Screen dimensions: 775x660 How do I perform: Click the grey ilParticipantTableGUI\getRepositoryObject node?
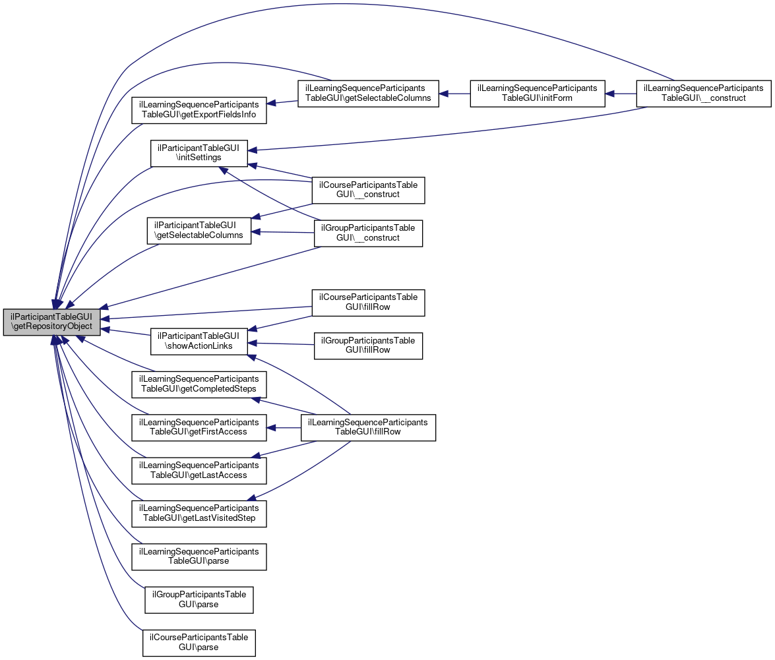click(52, 322)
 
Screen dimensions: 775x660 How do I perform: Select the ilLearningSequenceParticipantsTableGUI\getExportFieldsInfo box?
click(199, 110)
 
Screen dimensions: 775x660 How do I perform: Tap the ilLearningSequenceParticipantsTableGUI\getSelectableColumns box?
click(368, 94)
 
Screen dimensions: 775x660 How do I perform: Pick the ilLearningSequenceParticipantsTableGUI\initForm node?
click(538, 94)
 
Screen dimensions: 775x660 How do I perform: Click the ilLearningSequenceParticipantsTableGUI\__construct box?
click(704, 94)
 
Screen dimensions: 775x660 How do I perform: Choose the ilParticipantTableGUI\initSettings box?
click(199, 153)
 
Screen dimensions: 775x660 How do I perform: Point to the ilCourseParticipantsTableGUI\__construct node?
click(368, 190)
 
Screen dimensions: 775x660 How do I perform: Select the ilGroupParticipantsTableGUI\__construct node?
click(368, 233)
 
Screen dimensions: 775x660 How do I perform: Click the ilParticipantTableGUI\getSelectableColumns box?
click(199, 230)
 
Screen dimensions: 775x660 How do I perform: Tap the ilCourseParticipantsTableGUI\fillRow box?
click(368, 303)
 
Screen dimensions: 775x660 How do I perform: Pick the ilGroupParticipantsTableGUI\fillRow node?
click(368, 345)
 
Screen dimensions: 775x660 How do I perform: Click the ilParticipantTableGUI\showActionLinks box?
click(199, 342)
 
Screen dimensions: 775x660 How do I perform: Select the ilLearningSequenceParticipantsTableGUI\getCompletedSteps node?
click(199, 384)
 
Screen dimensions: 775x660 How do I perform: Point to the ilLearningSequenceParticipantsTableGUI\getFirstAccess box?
click(199, 427)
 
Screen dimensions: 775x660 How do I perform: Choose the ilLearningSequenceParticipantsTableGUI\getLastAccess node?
click(199, 471)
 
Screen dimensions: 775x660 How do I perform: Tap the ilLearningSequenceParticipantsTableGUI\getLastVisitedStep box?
click(199, 514)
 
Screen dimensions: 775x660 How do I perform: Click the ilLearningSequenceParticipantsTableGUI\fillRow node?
click(368, 427)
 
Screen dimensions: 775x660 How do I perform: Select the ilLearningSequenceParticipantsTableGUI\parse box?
click(199, 556)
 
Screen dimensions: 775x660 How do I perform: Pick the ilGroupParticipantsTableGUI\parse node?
click(199, 600)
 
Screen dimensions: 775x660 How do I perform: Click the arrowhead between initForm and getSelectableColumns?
click(443, 94)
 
